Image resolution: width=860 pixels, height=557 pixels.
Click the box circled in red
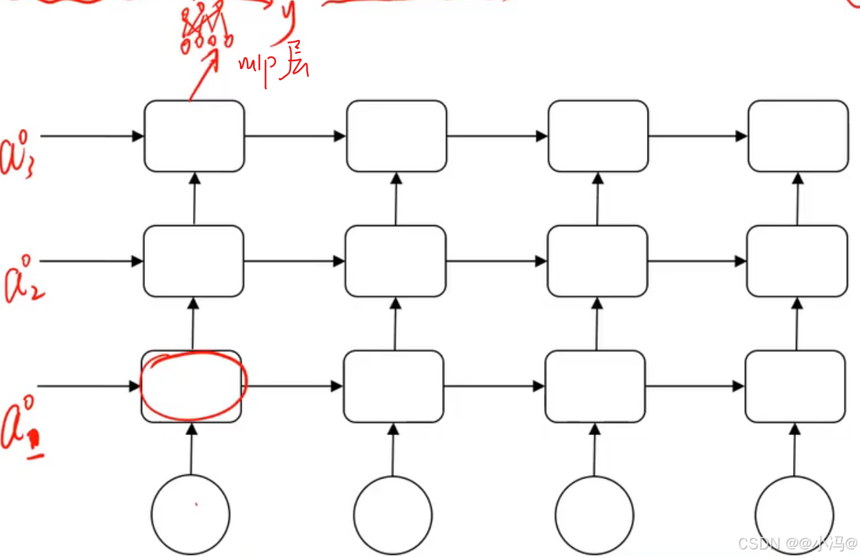point(192,386)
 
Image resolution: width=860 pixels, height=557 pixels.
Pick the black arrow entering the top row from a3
point(90,136)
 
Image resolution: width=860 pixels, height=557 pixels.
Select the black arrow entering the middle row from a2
point(90,261)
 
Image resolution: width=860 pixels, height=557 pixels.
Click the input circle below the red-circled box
point(190,514)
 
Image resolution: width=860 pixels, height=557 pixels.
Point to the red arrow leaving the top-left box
point(203,77)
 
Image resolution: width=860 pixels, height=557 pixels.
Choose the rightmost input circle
point(794,514)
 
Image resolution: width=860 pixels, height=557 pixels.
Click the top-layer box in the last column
point(798,136)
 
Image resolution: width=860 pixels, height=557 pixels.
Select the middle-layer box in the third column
point(597,261)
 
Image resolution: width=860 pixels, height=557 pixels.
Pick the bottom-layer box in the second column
point(393,386)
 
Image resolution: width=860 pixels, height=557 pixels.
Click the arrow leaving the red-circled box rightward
point(293,386)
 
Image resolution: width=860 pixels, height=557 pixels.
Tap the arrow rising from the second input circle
point(393,449)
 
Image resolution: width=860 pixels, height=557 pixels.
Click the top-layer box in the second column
point(396,136)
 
